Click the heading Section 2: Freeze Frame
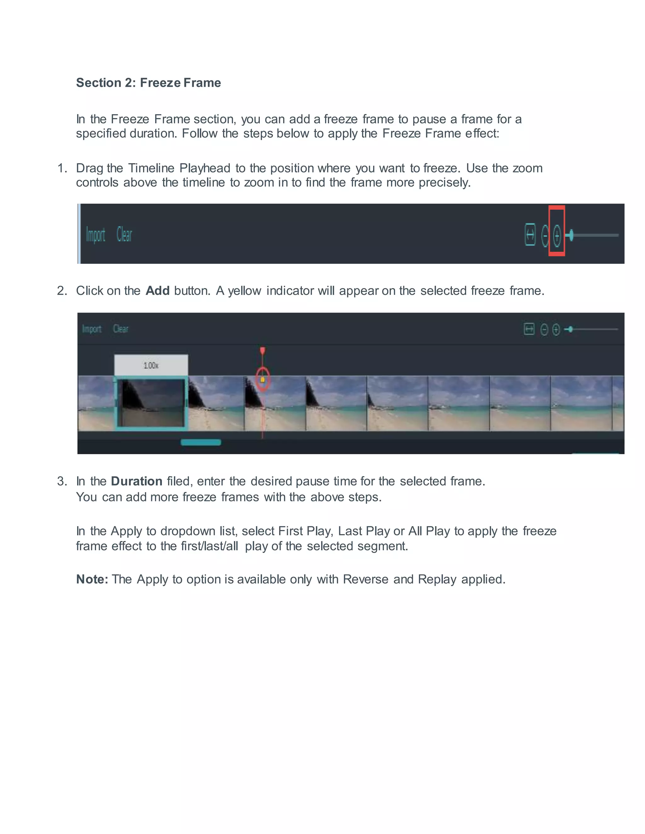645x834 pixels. coord(148,82)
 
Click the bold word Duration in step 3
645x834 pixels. coord(136,481)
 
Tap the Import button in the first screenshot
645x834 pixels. coord(95,235)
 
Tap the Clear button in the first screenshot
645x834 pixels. coord(124,235)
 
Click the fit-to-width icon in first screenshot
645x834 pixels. coord(530,235)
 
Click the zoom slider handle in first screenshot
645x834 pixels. coord(571,235)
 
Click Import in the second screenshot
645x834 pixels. coord(92,329)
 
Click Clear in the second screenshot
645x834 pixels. coord(121,329)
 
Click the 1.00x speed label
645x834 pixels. coord(151,365)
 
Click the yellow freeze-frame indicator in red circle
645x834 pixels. coord(263,380)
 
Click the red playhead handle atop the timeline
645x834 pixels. coord(263,351)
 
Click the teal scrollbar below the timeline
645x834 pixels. coord(201,442)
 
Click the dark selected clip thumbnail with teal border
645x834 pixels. coord(151,403)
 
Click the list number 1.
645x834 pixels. coord(62,168)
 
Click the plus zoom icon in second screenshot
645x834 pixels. coord(556,329)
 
